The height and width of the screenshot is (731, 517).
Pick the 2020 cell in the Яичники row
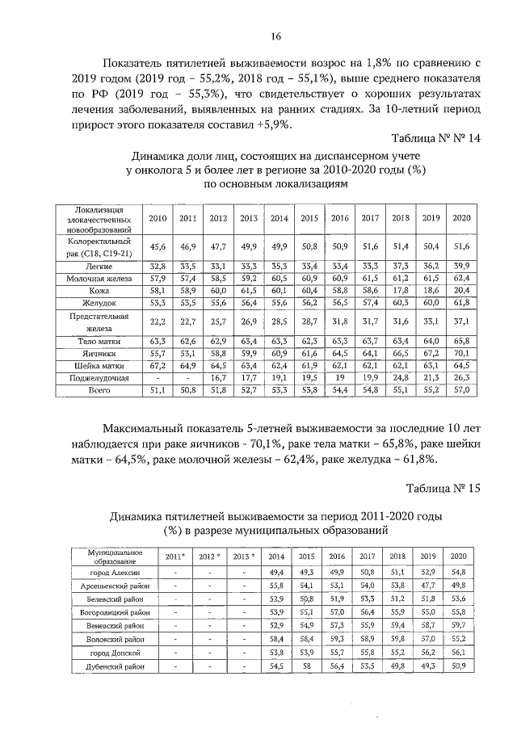460,353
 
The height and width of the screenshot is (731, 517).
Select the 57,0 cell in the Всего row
460,391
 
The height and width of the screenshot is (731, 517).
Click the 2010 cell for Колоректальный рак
158,246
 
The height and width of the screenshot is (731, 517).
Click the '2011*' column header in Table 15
175,557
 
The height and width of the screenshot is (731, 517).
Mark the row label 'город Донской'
114,651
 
